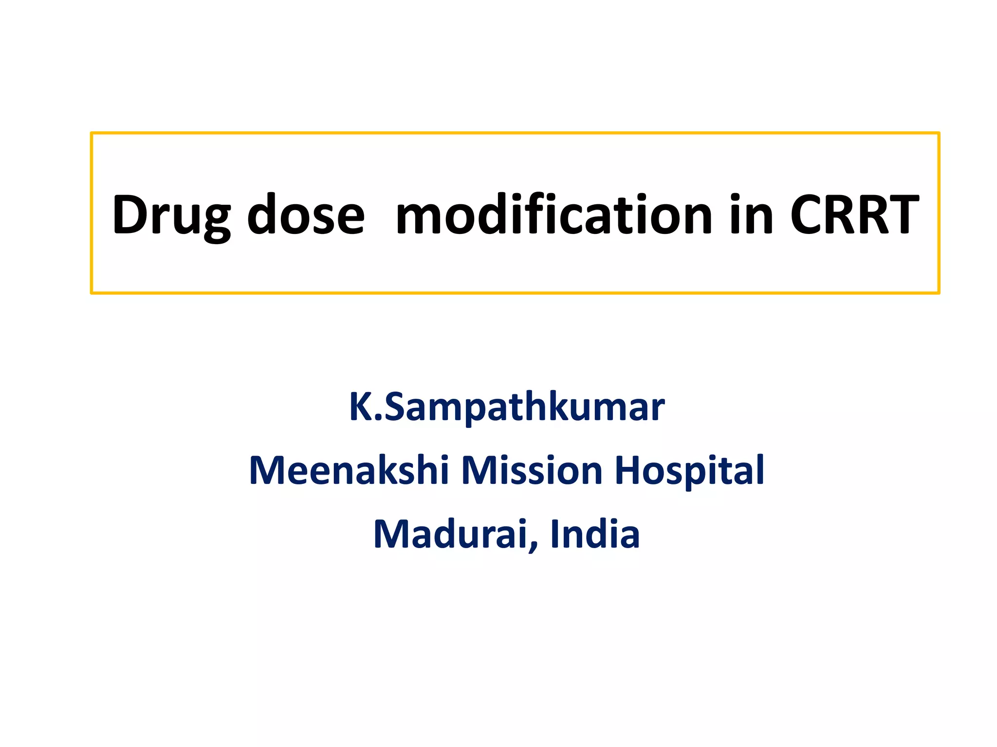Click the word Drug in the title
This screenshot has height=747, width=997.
click(171, 215)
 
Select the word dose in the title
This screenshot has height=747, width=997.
click(306, 215)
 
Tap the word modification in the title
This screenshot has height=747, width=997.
click(554, 215)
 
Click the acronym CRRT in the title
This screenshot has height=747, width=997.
click(854, 215)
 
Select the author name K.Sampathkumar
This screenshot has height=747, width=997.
click(506, 408)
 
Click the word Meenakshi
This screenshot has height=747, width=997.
click(349, 471)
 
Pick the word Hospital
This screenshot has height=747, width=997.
click(689, 471)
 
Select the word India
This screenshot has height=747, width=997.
click(594, 534)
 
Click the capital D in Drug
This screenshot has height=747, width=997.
click(130, 215)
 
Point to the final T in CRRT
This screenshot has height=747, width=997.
click(902, 215)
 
